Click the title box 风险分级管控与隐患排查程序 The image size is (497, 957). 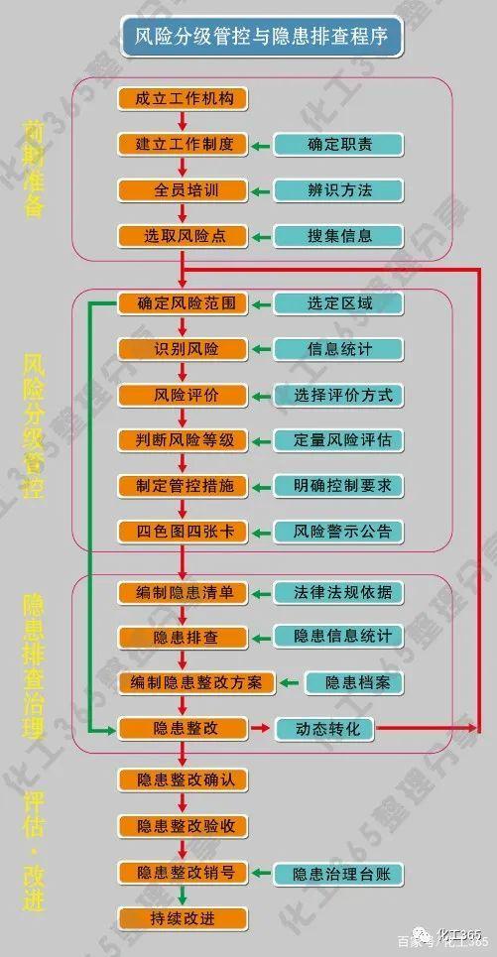[x=262, y=37]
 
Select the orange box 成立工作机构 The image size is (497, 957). [x=184, y=99]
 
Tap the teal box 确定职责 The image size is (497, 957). [x=339, y=145]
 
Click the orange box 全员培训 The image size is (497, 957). [x=184, y=190]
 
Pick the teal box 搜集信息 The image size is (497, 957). [x=339, y=236]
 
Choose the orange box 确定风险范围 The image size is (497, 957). [x=184, y=303]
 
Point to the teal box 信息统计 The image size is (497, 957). [x=339, y=349]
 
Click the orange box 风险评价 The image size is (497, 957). [x=184, y=395]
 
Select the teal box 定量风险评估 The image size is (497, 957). [x=339, y=440]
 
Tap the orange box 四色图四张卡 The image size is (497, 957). [x=184, y=532]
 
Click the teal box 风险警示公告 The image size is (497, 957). [x=339, y=532]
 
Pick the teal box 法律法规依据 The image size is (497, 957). [x=339, y=592]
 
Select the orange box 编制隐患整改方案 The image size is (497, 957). [x=196, y=682]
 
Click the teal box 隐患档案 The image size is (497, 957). [x=355, y=682]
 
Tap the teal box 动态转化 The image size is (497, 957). [x=325, y=729]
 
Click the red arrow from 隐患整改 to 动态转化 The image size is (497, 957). [x=260, y=728]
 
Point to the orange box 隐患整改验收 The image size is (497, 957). [x=184, y=826]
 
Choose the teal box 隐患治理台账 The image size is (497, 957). [x=339, y=873]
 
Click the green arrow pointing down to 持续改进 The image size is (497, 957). [x=183, y=896]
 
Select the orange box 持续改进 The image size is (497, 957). [x=184, y=918]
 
